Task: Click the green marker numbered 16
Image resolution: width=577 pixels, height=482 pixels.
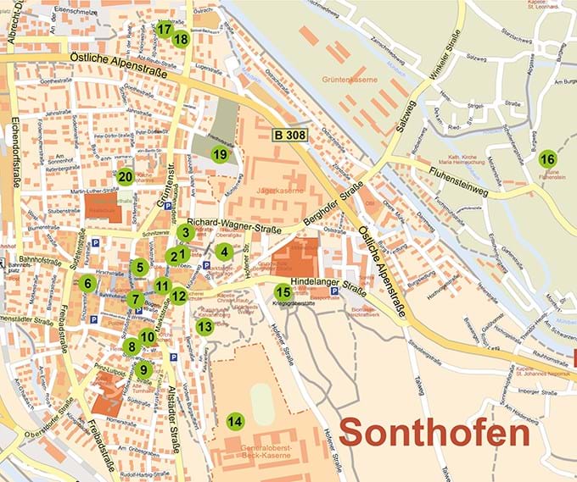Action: tap(547, 159)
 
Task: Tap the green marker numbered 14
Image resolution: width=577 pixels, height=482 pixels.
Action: tap(235, 421)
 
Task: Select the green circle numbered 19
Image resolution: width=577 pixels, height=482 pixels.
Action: tap(220, 154)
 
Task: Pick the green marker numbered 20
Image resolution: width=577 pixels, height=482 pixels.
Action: tap(126, 177)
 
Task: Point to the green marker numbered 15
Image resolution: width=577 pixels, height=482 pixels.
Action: tap(283, 292)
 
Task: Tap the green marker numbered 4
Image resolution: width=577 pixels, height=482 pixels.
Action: tap(223, 251)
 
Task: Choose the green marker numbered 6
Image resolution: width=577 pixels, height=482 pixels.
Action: tap(87, 283)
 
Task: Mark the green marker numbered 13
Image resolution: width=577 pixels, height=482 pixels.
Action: tap(204, 326)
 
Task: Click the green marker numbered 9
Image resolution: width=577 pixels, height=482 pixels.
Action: tap(143, 369)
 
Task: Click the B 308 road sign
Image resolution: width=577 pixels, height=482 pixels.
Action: tap(292, 134)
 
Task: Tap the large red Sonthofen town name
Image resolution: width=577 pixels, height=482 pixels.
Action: tap(434, 433)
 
